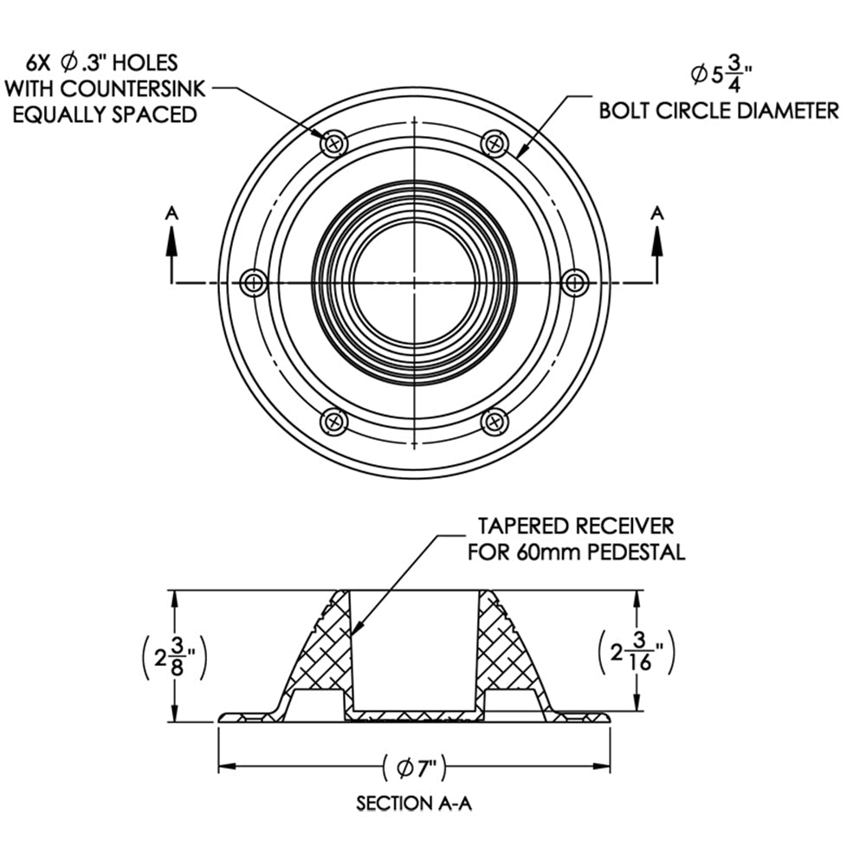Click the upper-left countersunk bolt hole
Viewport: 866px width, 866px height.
coord(334,143)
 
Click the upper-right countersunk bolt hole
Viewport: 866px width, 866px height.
coord(494,143)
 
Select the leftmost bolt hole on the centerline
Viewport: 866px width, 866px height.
coord(254,282)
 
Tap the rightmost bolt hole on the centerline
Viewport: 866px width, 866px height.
coord(575,282)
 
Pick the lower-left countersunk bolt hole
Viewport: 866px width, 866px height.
coord(334,422)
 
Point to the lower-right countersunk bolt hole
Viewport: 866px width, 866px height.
coord(494,422)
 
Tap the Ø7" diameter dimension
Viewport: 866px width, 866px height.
coord(414,766)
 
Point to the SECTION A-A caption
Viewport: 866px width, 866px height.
coord(414,804)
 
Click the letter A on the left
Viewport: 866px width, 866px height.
coord(171,211)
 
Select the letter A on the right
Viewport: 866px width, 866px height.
coord(657,211)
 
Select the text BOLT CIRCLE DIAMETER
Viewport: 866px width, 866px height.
coord(719,110)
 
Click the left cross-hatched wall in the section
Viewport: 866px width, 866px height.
coord(320,649)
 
